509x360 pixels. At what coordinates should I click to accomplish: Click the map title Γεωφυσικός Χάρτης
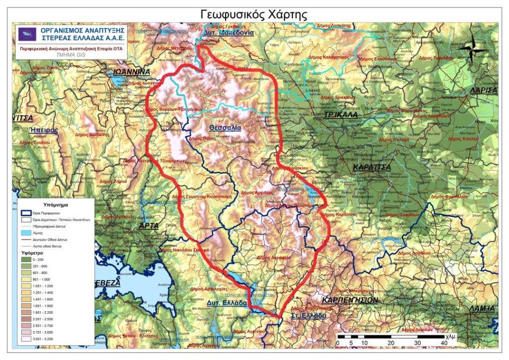click(x=254, y=14)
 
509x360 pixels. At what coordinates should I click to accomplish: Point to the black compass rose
click(x=473, y=48)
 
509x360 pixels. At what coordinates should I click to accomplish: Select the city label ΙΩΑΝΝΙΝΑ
click(x=131, y=72)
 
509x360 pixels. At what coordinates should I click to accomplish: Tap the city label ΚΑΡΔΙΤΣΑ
click(x=372, y=168)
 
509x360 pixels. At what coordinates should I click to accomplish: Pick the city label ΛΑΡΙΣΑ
click(x=483, y=90)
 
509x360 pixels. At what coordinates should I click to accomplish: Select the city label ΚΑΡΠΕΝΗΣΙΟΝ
click(x=350, y=300)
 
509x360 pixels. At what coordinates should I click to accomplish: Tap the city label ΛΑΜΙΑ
click(x=482, y=308)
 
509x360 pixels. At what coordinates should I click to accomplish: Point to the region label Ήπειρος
click(x=44, y=130)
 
